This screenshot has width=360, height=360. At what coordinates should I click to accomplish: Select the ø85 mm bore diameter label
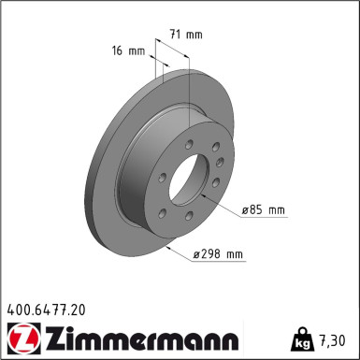click(263, 210)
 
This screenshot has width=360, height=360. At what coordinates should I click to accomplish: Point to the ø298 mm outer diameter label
click(217, 254)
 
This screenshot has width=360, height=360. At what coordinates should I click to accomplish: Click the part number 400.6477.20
click(46, 308)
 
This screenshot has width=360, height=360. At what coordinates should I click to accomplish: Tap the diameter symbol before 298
click(198, 254)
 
